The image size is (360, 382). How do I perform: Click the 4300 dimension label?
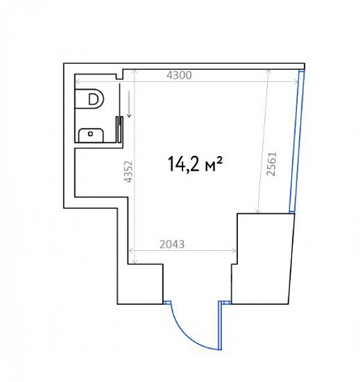click(179, 75)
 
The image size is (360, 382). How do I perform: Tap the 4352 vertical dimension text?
click(128, 171)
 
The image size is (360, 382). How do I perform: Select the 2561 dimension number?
click(272, 164)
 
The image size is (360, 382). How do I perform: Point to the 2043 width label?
click(172, 244)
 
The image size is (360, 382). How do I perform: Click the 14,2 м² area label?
click(195, 164)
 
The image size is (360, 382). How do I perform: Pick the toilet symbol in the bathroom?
click(89, 99)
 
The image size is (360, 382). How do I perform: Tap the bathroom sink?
click(91, 135)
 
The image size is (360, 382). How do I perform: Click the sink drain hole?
click(90, 134)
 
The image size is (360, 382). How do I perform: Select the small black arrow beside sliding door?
click(129, 104)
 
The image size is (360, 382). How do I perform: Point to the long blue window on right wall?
click(297, 141)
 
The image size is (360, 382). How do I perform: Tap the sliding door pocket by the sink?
click(119, 129)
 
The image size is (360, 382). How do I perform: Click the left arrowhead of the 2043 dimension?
click(131, 250)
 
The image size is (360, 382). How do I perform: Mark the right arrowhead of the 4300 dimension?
click(296, 81)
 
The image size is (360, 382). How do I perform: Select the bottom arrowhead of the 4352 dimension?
click(135, 262)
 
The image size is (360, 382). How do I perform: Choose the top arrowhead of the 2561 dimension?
click(268, 71)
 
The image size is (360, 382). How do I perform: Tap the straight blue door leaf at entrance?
click(220, 325)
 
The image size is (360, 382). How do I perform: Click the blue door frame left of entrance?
click(167, 302)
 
